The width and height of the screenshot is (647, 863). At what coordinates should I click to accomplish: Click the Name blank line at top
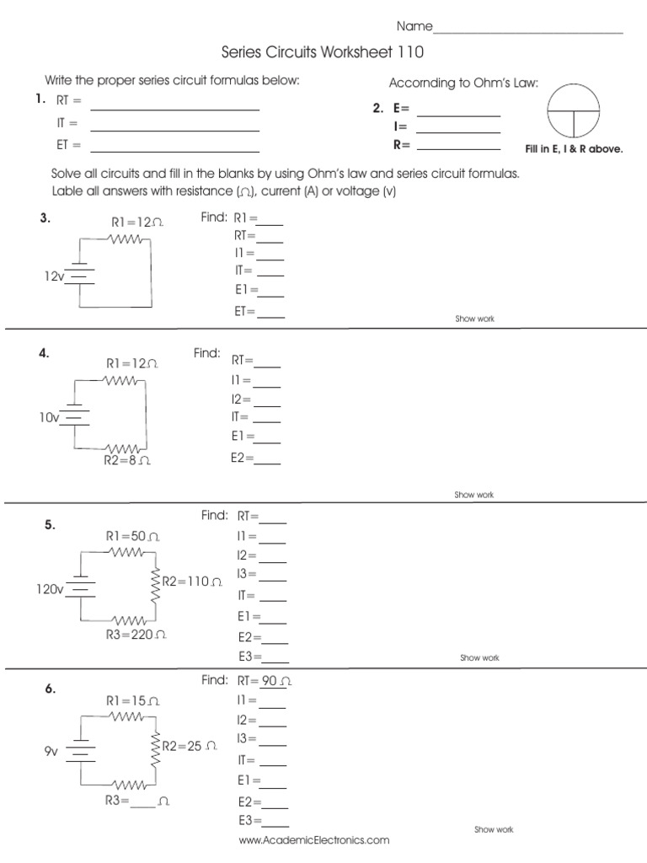(x=528, y=31)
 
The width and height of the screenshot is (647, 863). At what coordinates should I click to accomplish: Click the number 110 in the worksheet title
(x=406, y=53)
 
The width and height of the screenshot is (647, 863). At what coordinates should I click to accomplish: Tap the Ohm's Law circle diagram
(x=574, y=111)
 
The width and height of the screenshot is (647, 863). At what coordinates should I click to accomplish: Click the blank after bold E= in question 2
(x=458, y=115)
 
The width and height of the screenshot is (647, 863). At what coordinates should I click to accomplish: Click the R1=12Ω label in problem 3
(x=136, y=222)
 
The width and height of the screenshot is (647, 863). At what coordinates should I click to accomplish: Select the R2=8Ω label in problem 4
(x=127, y=461)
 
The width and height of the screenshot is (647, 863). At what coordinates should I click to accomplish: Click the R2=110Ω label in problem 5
(x=192, y=582)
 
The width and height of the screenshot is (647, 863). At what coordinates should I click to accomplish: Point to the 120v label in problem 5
(x=50, y=589)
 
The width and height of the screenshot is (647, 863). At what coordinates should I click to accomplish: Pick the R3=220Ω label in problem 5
(x=136, y=634)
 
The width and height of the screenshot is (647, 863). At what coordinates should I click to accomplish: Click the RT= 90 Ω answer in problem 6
(x=265, y=680)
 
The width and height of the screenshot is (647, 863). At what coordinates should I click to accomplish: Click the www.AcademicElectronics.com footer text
(x=314, y=840)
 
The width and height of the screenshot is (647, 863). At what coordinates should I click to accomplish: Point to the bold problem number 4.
(x=43, y=354)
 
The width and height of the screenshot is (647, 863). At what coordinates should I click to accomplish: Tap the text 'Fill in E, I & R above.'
(x=574, y=148)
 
